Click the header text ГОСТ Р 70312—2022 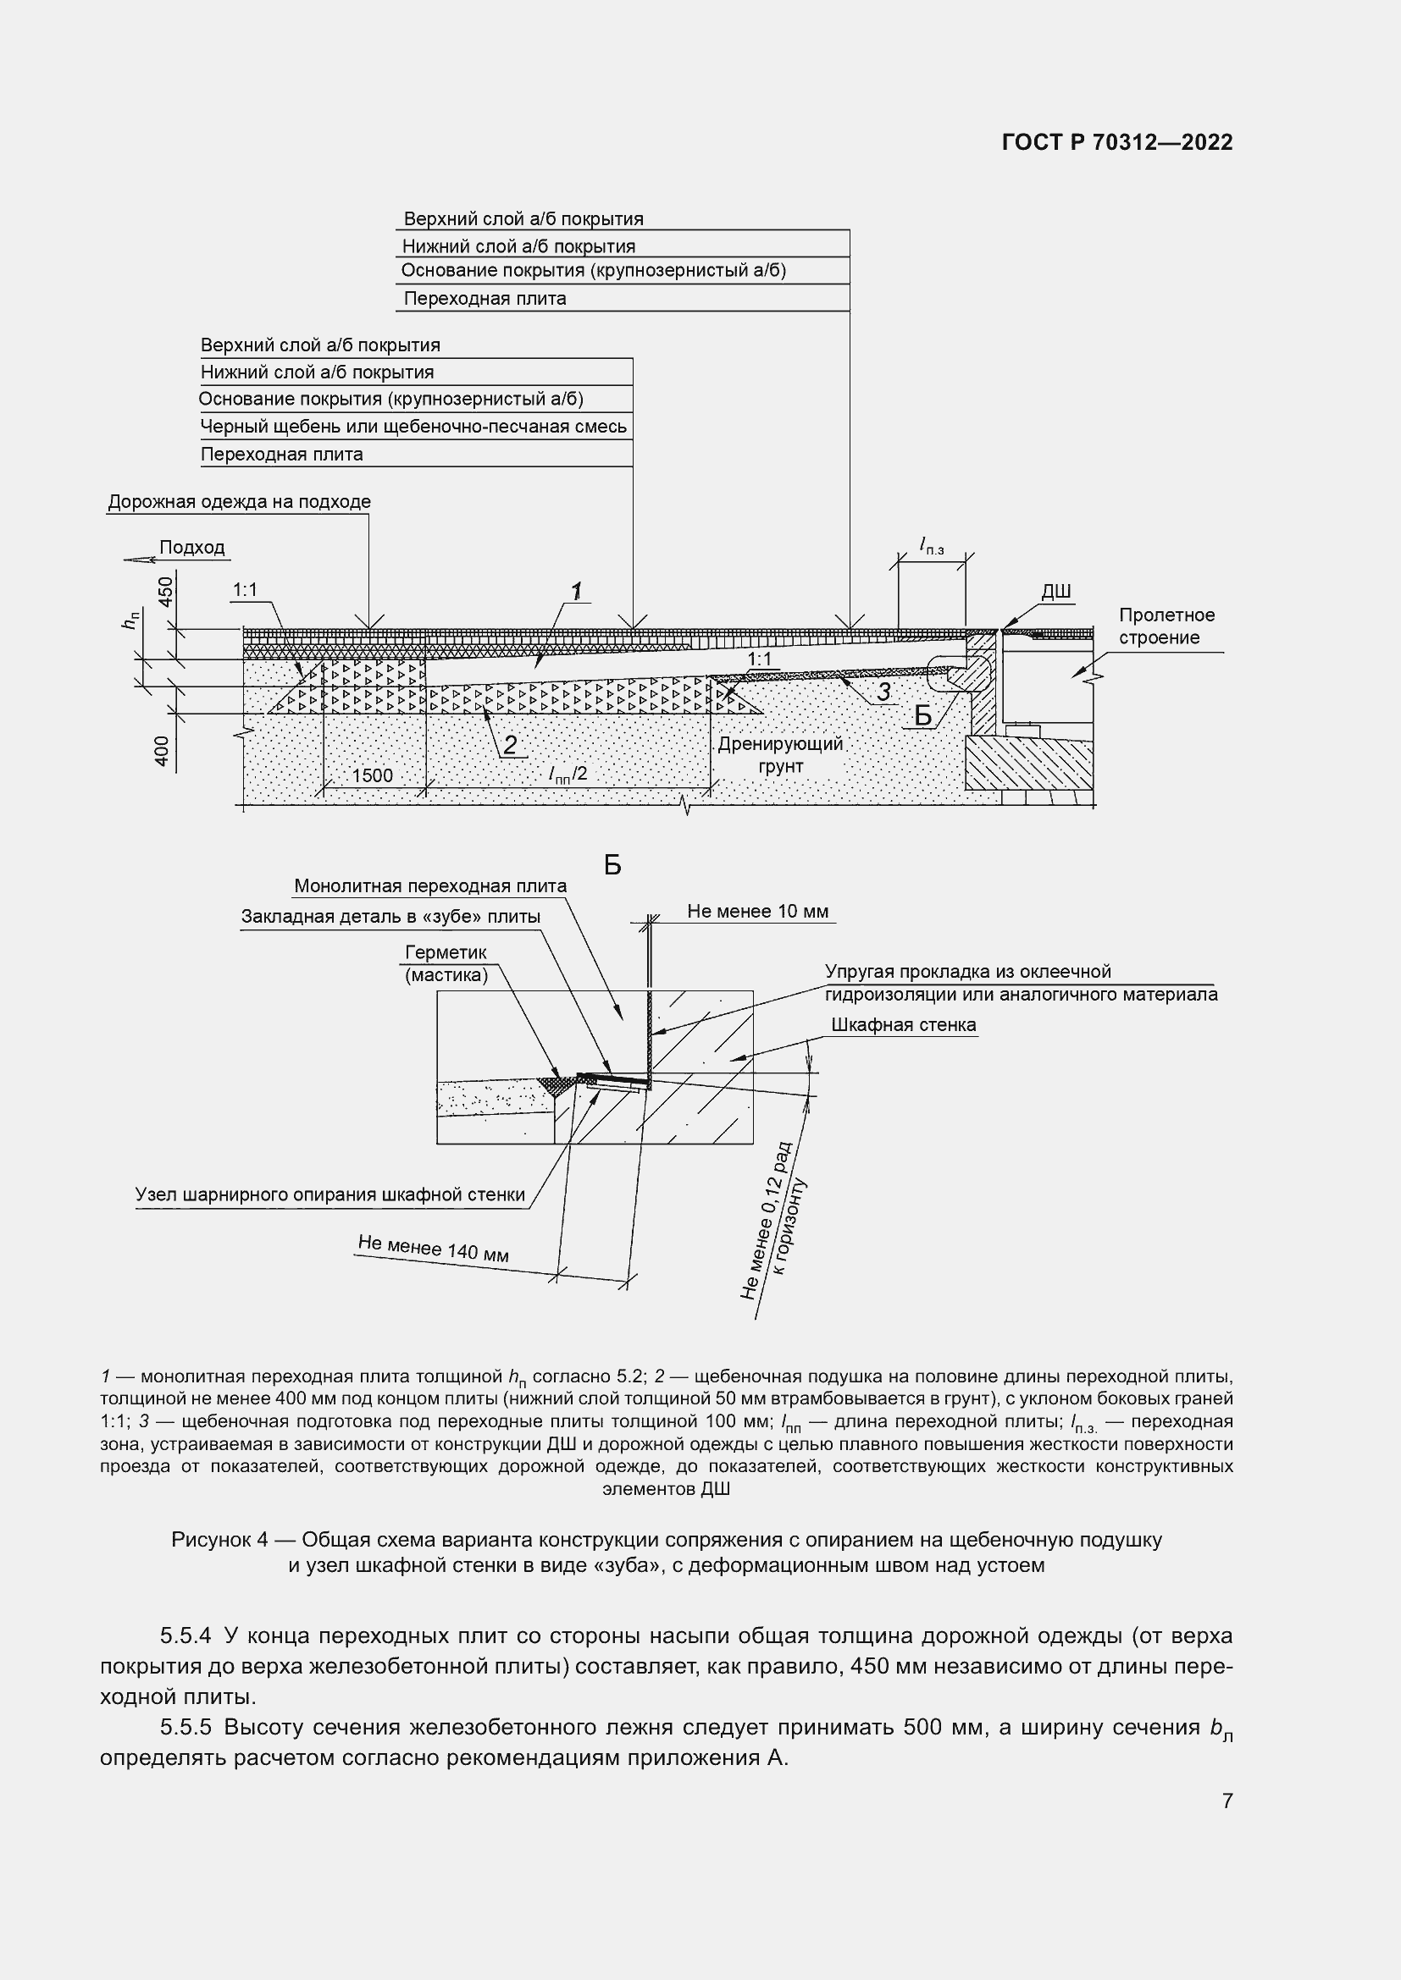[1117, 143]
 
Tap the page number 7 [1227, 1801]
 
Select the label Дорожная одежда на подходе [239, 502]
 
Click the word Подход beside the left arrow [191, 548]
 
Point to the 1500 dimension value [372, 775]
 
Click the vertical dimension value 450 [166, 591]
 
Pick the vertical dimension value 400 [162, 751]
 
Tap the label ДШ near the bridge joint [1056, 592]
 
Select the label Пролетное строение [1166, 626]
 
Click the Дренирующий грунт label [780, 754]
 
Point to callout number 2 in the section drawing [510, 745]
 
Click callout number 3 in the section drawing [883, 692]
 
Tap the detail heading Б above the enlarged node [612, 865]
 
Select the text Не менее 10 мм [757, 912]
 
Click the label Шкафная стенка [903, 1024]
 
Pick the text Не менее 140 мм [433, 1248]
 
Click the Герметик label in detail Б [446, 952]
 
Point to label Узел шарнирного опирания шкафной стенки [329, 1194]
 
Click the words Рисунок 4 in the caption [219, 1539]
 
